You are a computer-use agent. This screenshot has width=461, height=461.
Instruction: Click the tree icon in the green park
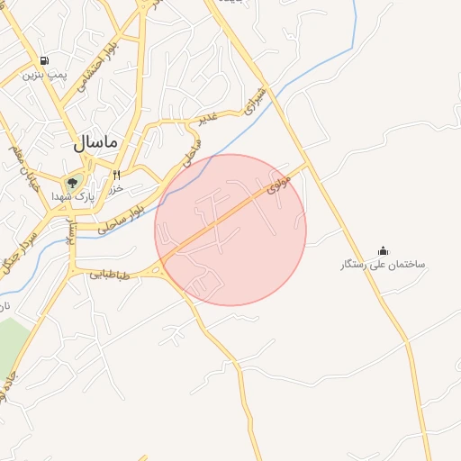[x=72, y=183]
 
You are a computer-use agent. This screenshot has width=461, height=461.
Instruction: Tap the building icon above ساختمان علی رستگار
[x=383, y=250]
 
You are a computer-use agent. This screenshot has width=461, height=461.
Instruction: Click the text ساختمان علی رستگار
[x=383, y=265]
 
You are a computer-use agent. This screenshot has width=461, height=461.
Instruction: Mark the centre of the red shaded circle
[x=230, y=230]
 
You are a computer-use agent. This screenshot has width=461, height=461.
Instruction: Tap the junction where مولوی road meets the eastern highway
[x=308, y=165]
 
